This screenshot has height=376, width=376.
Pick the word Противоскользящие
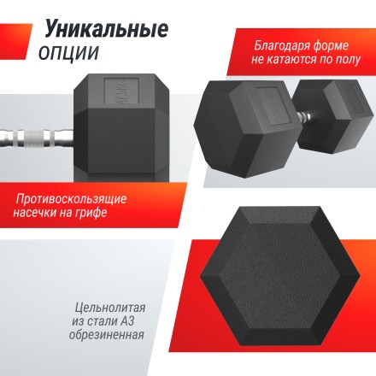pos(71,199)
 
